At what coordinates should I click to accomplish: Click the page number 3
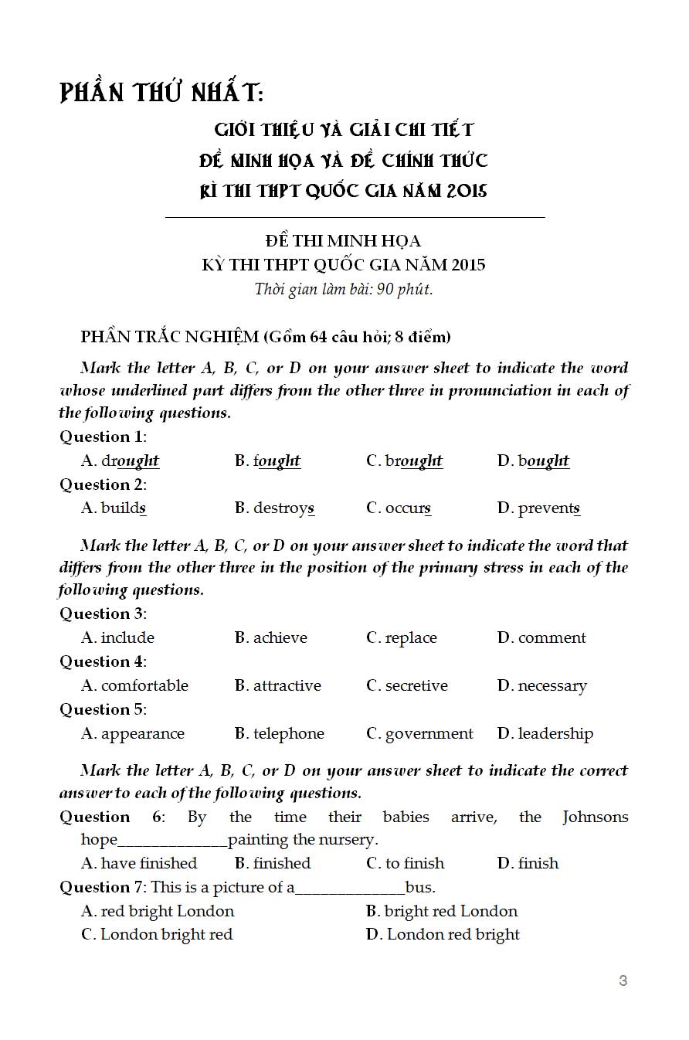pyautogui.click(x=623, y=981)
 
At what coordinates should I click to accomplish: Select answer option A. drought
pyautogui.click(x=120, y=461)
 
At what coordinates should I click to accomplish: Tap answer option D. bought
pyautogui.click(x=533, y=461)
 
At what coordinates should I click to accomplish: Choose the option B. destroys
pyautogui.click(x=274, y=508)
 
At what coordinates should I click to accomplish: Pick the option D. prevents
pyautogui.click(x=538, y=508)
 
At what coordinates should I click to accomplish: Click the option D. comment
pyautogui.click(x=541, y=638)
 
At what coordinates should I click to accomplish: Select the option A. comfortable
pyautogui.click(x=134, y=686)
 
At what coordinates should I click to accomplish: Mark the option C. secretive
pyautogui.click(x=406, y=686)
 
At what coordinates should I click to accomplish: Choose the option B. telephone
pyautogui.click(x=279, y=734)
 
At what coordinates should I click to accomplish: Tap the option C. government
pyautogui.click(x=419, y=734)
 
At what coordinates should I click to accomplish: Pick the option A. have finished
pyautogui.click(x=139, y=864)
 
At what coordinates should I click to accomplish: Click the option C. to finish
pyautogui.click(x=405, y=864)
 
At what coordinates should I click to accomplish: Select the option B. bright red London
pyautogui.click(x=441, y=912)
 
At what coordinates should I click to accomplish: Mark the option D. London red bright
pyautogui.click(x=443, y=935)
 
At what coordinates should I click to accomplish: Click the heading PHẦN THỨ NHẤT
pyautogui.click(x=161, y=94)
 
